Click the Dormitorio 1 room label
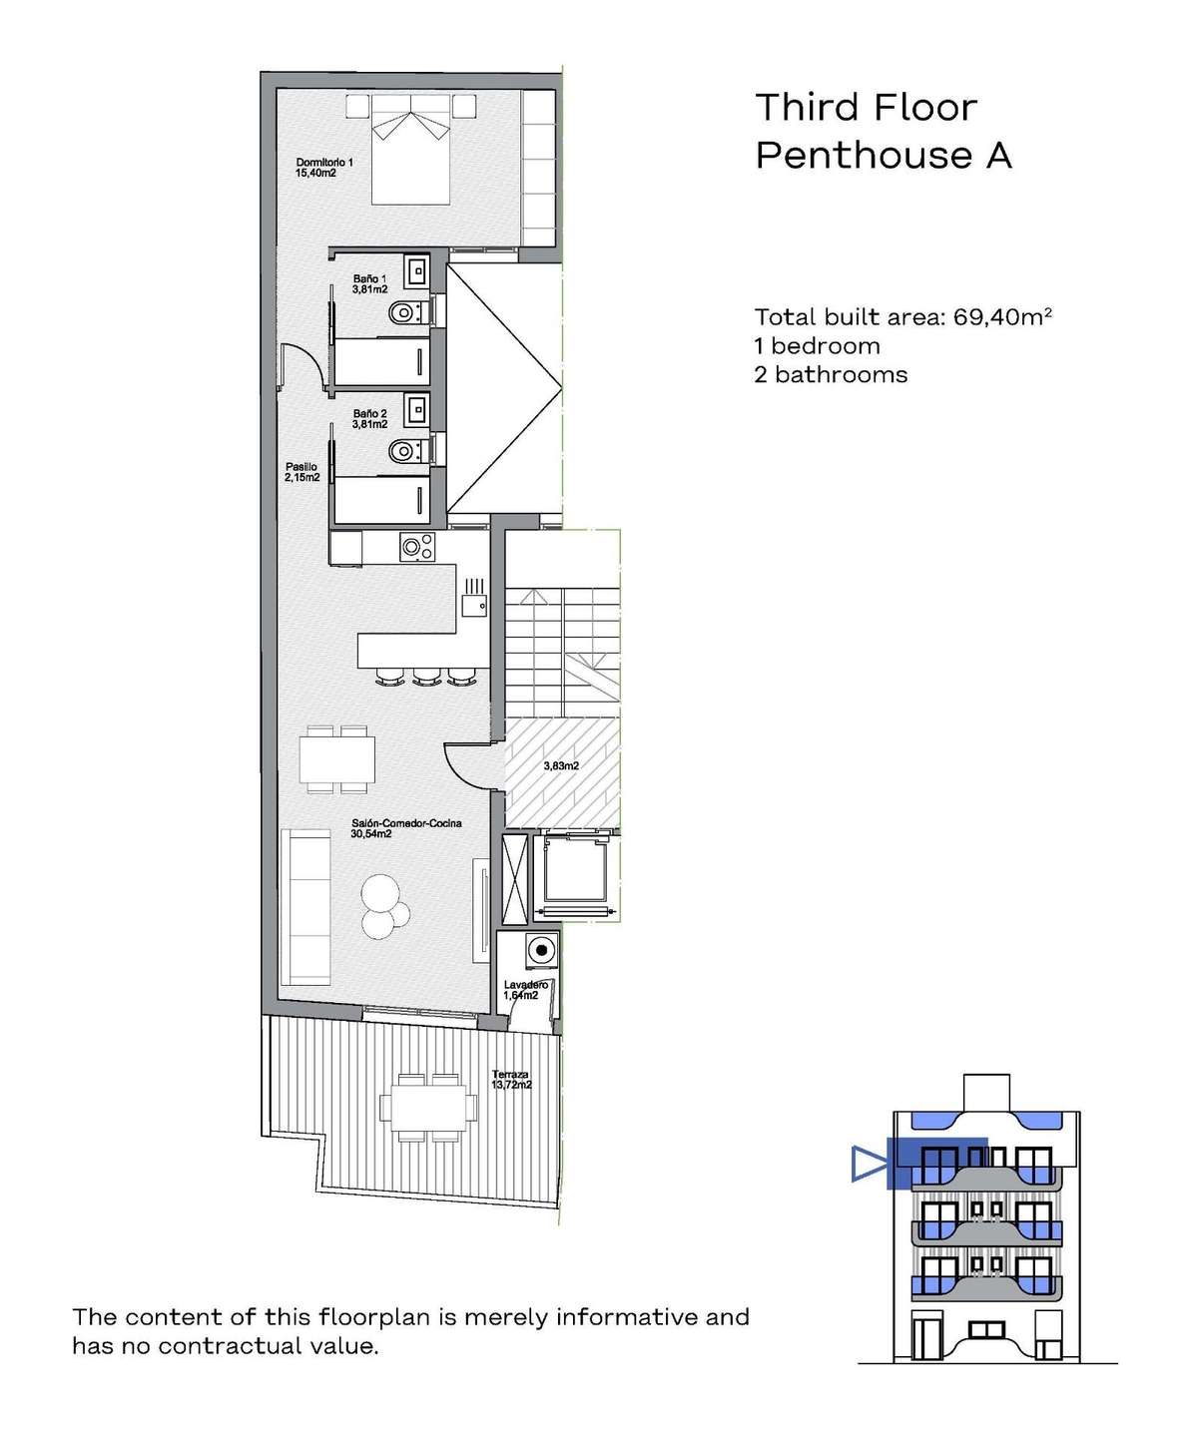(x=324, y=168)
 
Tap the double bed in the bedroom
(x=410, y=150)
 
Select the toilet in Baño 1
(x=408, y=313)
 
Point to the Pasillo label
(x=301, y=472)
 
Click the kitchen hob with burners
(x=417, y=547)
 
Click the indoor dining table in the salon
(x=337, y=759)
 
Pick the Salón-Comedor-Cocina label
(x=406, y=828)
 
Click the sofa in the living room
(x=306, y=907)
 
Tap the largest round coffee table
(x=379, y=893)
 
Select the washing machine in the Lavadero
(x=541, y=950)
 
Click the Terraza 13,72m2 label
(x=511, y=1079)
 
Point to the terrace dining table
(x=427, y=1108)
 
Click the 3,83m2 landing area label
(x=561, y=766)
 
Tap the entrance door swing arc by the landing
(x=458, y=769)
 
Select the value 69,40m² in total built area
(x=1002, y=317)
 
